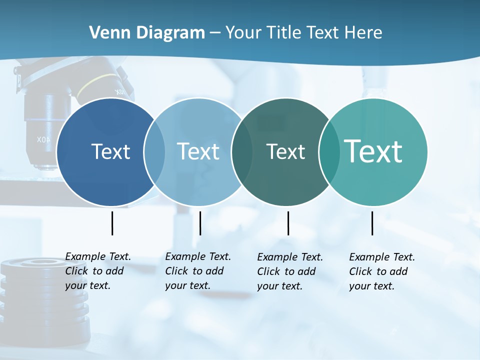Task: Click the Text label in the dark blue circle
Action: click(110, 151)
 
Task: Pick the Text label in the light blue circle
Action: click(198, 151)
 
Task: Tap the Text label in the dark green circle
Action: click(285, 151)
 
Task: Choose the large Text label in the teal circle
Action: click(373, 151)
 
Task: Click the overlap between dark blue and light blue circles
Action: click(154, 151)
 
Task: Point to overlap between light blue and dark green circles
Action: click(242, 151)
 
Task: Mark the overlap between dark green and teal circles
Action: click(329, 151)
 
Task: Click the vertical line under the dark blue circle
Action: click(112, 223)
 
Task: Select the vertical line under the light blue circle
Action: click(200, 223)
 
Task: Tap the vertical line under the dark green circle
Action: click(288, 223)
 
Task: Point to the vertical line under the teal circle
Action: click(372, 223)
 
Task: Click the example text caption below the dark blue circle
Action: click(98, 271)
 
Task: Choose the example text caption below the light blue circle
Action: click(198, 271)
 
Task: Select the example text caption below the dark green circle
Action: click(290, 271)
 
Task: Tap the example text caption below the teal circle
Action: click(382, 271)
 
